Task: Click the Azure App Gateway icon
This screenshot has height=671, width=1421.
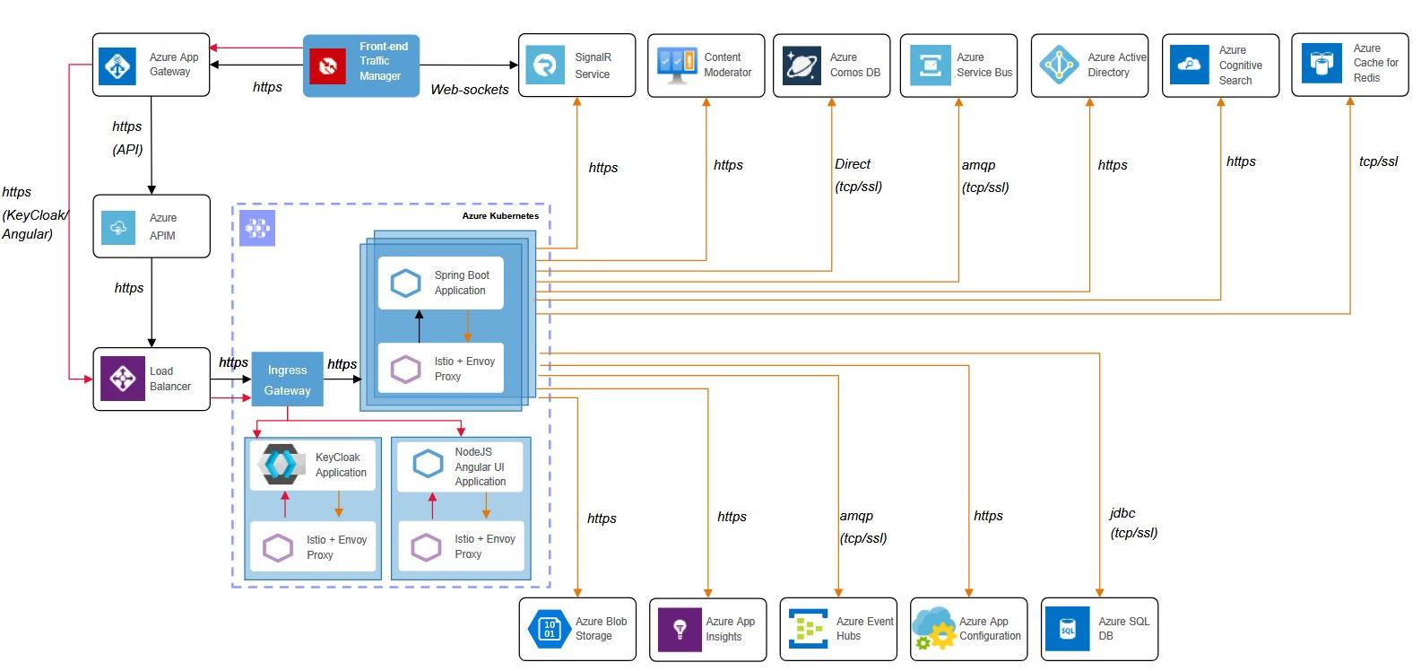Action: pyautogui.click(x=117, y=65)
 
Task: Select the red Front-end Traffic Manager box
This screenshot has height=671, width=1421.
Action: pyautogui.click(x=361, y=65)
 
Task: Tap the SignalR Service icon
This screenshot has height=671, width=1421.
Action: pyautogui.click(x=544, y=65)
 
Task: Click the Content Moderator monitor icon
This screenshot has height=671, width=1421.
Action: pyautogui.click(x=676, y=65)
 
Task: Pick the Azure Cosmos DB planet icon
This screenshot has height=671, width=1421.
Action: pyautogui.click(x=801, y=65)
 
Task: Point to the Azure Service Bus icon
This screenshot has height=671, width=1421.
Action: pyautogui.click(x=930, y=65)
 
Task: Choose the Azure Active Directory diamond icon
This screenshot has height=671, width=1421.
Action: pyautogui.click(x=1059, y=65)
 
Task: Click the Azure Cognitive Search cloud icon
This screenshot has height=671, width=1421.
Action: pyautogui.click(x=1189, y=65)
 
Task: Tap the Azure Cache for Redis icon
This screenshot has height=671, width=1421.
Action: pyautogui.click(x=1321, y=65)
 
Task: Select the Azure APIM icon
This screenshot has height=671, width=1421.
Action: pyautogui.click(x=118, y=228)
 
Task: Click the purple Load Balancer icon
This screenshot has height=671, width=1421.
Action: pyautogui.click(x=122, y=379)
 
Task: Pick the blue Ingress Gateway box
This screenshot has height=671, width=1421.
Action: pyautogui.click(x=287, y=379)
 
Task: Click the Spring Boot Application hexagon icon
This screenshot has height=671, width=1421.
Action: pyautogui.click(x=406, y=283)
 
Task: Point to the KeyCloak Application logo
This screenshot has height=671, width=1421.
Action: pyautogui.click(x=282, y=464)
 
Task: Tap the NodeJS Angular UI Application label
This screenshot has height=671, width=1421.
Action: pyautogui.click(x=480, y=466)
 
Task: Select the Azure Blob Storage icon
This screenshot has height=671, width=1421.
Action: pyautogui.click(x=549, y=629)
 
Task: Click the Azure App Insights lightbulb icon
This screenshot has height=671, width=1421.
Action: pyautogui.click(x=680, y=629)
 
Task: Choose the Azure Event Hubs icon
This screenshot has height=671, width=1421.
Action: pyautogui.click(x=809, y=629)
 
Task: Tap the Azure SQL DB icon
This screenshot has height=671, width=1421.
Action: pyautogui.click(x=1068, y=629)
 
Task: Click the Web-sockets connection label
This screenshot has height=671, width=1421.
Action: pyautogui.click(x=469, y=90)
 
